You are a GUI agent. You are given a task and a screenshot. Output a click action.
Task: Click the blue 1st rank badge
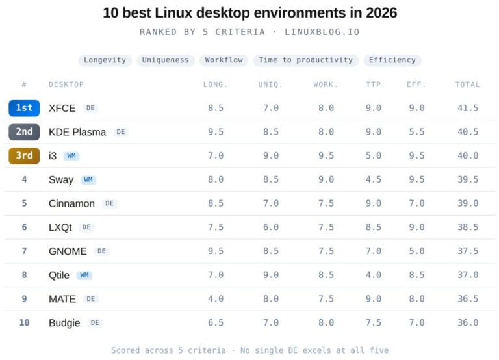click(x=24, y=108)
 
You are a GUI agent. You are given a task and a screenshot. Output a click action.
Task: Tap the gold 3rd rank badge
click(x=24, y=156)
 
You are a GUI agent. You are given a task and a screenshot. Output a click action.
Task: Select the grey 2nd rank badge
click(x=24, y=132)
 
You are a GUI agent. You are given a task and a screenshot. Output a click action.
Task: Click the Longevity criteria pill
click(x=105, y=60)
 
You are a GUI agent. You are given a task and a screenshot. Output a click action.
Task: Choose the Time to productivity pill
click(x=305, y=60)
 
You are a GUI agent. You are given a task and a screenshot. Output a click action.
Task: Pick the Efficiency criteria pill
click(x=392, y=60)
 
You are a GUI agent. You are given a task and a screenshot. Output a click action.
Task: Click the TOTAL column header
click(x=467, y=84)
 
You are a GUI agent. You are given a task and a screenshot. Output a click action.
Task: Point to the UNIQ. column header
click(x=270, y=84)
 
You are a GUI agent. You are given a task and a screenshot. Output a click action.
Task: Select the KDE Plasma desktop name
click(x=77, y=132)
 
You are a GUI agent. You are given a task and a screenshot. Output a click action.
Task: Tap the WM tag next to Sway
click(x=88, y=180)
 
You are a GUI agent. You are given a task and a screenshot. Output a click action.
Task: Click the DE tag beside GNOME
click(x=101, y=251)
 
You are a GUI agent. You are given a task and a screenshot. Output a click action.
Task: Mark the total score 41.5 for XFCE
click(x=468, y=108)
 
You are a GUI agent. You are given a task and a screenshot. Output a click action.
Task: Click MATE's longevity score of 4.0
click(x=216, y=299)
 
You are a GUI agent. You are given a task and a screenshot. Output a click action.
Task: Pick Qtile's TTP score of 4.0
click(x=374, y=275)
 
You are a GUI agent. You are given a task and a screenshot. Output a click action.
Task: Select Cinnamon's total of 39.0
click(x=468, y=203)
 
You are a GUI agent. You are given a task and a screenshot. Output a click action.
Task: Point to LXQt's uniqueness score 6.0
click(x=271, y=227)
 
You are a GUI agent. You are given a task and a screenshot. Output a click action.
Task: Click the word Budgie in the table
click(x=64, y=323)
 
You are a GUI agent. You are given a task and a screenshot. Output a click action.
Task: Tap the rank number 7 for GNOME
click(x=24, y=251)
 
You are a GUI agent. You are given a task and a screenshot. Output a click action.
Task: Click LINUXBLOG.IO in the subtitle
click(x=322, y=32)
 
